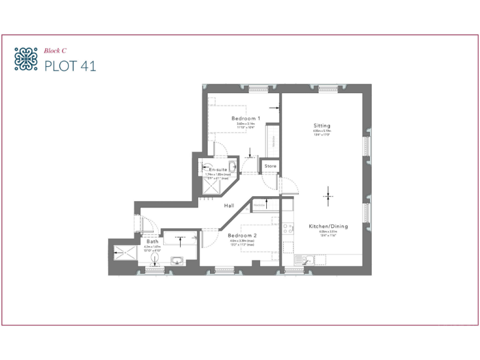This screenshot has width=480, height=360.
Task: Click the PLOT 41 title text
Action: tap(71, 65)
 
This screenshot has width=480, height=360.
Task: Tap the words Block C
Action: tap(55, 51)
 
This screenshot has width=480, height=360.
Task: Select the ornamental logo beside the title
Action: tap(26, 59)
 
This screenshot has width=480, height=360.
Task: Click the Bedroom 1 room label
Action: tap(245, 118)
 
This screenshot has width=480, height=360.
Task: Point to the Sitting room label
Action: tap(322, 126)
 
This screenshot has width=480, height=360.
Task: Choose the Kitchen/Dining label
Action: tap(328, 226)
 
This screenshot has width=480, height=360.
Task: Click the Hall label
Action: tap(229, 205)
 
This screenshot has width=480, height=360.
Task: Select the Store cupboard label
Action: tap(270, 166)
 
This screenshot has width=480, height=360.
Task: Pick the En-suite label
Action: tap(217, 170)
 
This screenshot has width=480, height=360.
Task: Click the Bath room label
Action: tap(152, 241)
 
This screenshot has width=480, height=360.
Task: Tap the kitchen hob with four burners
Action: tap(288, 229)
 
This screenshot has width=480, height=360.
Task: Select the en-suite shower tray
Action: tap(216, 186)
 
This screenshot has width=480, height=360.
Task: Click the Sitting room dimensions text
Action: tap(322, 132)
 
